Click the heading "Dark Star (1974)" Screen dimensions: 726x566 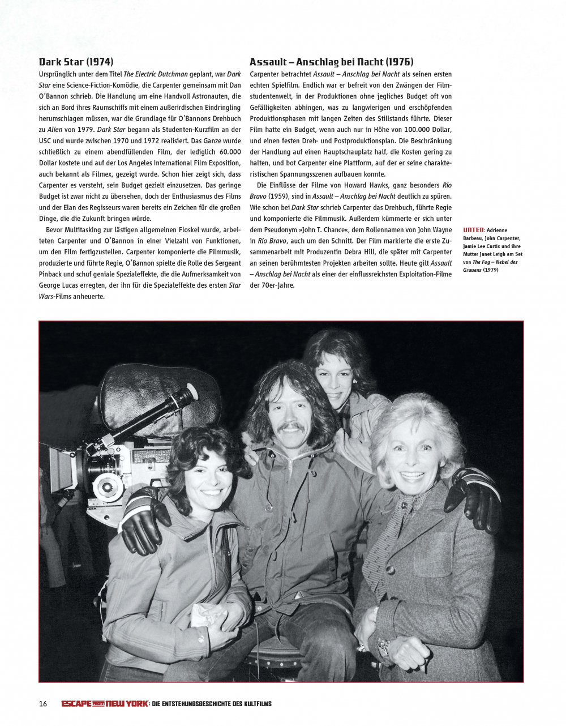pyautogui.click(x=76, y=62)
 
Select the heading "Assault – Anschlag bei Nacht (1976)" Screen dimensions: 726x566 pyautogui.click(x=331, y=62)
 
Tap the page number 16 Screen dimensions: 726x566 pyautogui.click(x=43, y=704)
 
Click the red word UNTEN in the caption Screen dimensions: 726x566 pyautogui.click(x=473, y=230)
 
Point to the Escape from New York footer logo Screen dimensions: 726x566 pyautogui.click(x=105, y=704)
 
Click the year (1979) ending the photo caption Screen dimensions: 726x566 pyautogui.click(x=490, y=270)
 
